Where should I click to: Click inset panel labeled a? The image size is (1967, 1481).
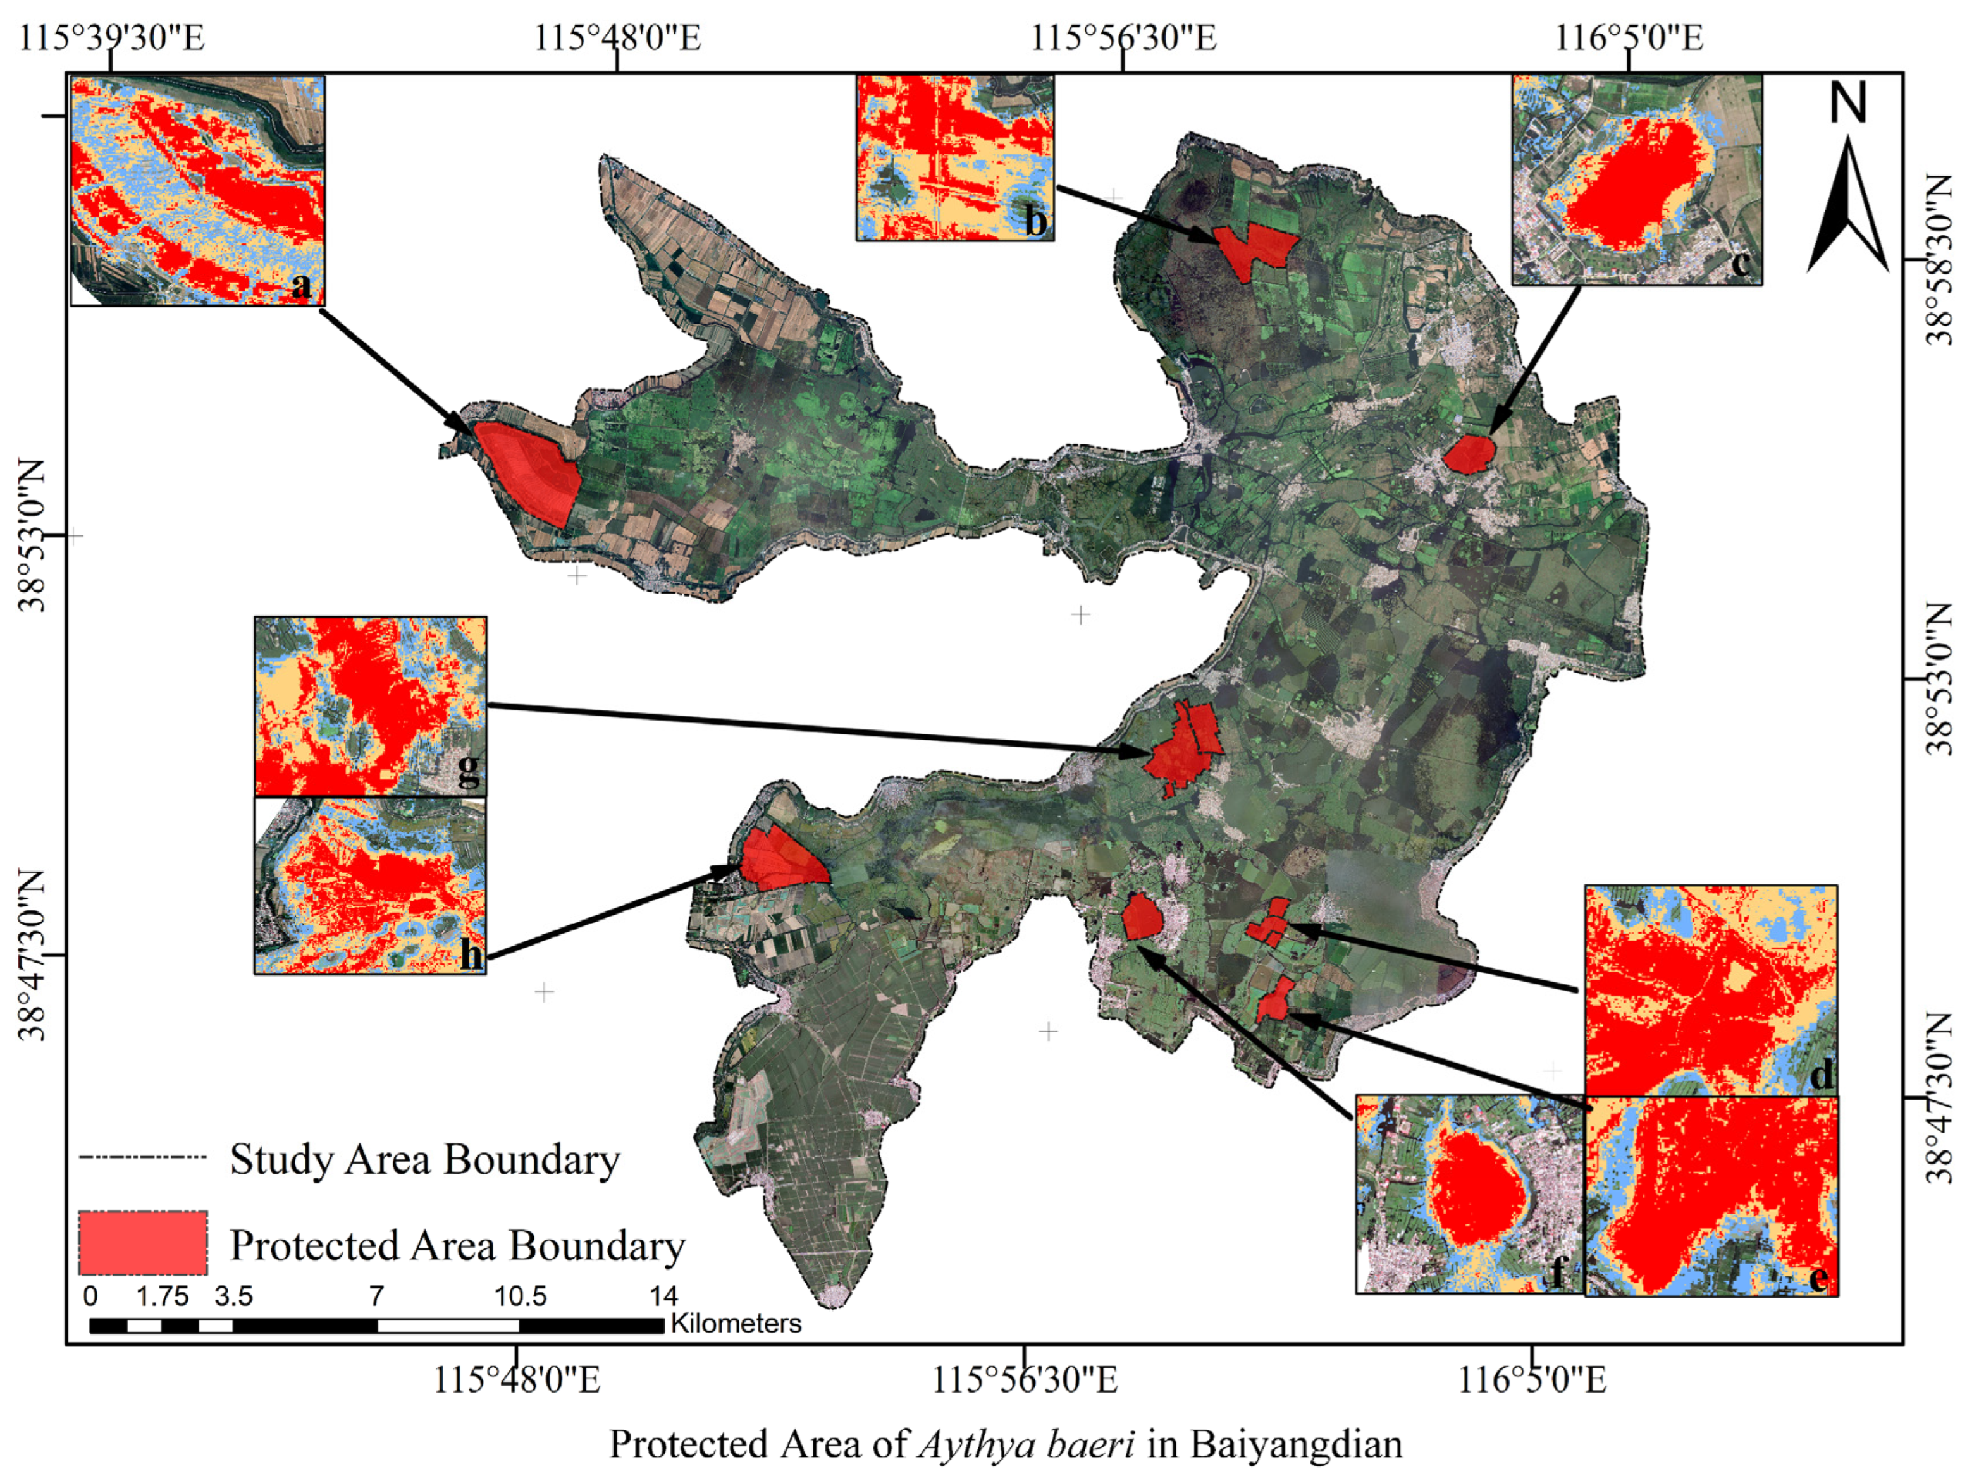coord(197,190)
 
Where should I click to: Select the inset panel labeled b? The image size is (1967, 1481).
coord(955,158)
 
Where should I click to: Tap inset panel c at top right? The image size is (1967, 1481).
coord(1637,180)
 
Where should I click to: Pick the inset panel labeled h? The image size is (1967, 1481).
coord(370,886)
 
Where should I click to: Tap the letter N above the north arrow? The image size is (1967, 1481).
coord(1847,103)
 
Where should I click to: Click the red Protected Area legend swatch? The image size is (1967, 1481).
coord(142,1243)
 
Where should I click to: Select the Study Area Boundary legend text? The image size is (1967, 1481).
coord(425,1159)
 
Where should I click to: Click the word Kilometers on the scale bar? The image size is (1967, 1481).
coord(736,1324)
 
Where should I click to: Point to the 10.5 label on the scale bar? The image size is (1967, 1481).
coord(520,1295)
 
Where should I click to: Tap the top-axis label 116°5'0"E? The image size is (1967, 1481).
coord(1628,38)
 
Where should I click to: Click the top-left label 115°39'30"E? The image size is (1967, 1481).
coord(111,38)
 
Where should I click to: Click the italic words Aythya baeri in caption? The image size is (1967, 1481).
coord(1025,1444)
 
